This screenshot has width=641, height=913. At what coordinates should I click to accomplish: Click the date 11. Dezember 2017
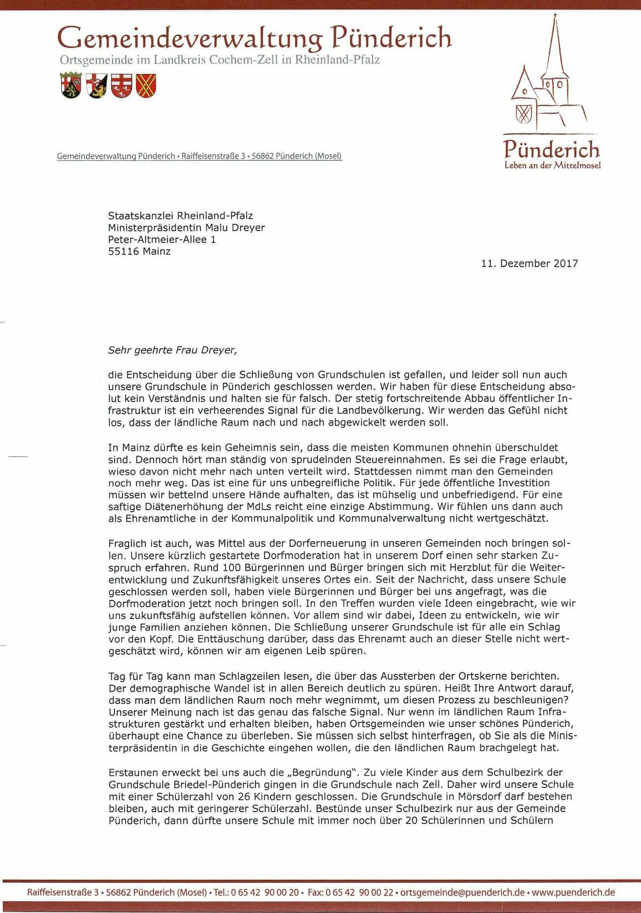pos(529,263)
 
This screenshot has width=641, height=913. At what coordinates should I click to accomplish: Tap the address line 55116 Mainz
pos(139,251)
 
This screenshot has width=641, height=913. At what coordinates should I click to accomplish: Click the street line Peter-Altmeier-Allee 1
pos(162,239)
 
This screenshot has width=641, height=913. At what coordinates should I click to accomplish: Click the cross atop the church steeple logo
pos(555,16)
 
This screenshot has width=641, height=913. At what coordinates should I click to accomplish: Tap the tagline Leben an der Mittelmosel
pos(552,165)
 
